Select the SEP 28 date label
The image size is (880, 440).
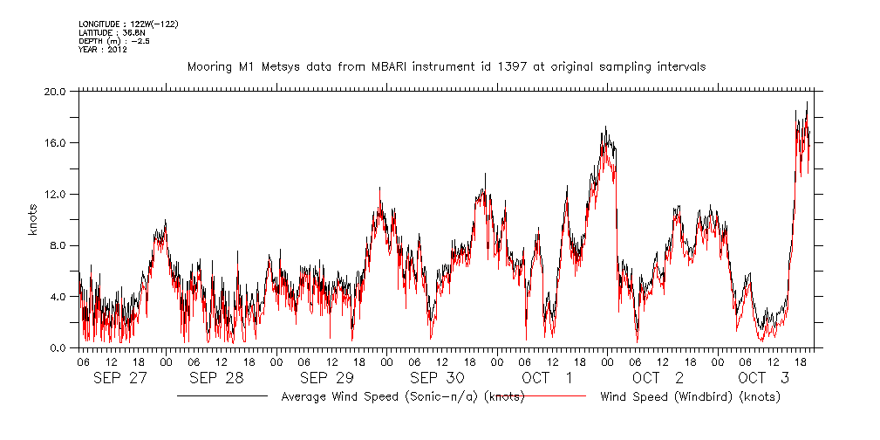coord(216,378)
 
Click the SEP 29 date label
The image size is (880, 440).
coord(326,378)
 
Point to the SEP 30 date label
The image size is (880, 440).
coord(437,378)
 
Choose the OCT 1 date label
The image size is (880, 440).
coord(547,378)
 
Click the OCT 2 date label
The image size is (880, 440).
coord(658,378)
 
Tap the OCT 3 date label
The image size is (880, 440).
coord(765,378)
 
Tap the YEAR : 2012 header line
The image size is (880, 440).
coord(103,49)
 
